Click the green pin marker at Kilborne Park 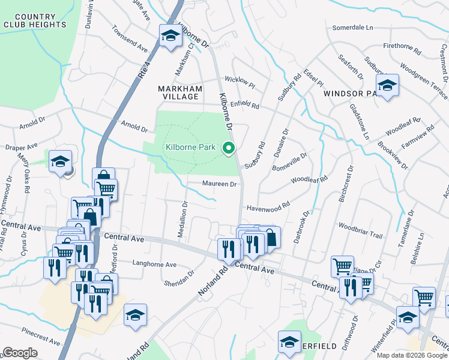(x=228, y=147)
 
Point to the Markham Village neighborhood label (x=178, y=92)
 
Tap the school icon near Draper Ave (x=60, y=161)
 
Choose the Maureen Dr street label (x=220, y=184)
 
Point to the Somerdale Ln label (x=352, y=28)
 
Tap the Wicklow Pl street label (x=240, y=81)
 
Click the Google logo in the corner (x=20, y=352)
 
